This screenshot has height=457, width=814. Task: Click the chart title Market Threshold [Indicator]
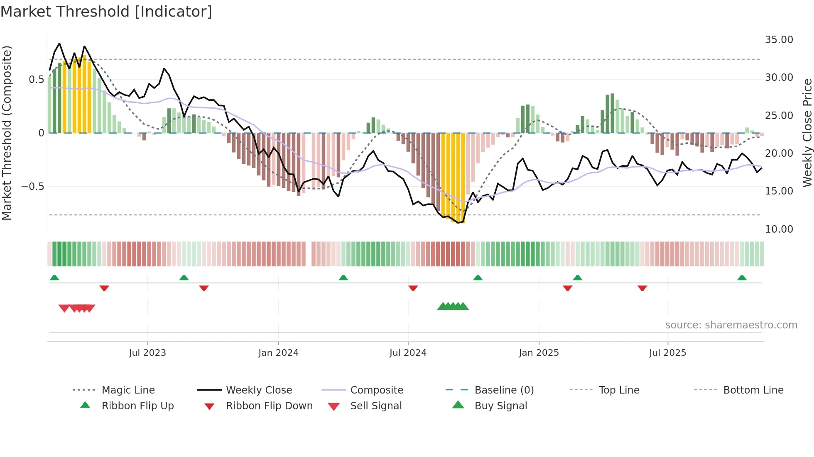(x=106, y=12)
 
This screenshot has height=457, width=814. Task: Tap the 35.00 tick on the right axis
(x=779, y=40)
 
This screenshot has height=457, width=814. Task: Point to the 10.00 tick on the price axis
(x=779, y=229)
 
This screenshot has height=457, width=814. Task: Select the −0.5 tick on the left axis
(x=33, y=187)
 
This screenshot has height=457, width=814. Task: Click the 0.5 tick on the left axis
(x=36, y=80)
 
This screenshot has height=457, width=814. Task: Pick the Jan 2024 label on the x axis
(x=278, y=353)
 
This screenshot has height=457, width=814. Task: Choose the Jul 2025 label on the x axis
(x=667, y=353)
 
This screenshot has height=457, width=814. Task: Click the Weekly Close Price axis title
(x=807, y=133)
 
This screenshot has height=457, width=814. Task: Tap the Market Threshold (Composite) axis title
(x=7, y=133)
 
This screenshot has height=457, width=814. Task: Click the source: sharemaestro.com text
(x=731, y=325)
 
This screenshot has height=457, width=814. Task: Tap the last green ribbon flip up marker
(x=742, y=278)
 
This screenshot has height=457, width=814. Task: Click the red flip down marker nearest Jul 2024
(x=413, y=288)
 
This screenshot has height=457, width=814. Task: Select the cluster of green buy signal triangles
(x=453, y=306)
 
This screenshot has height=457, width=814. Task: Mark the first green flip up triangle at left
(x=54, y=278)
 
